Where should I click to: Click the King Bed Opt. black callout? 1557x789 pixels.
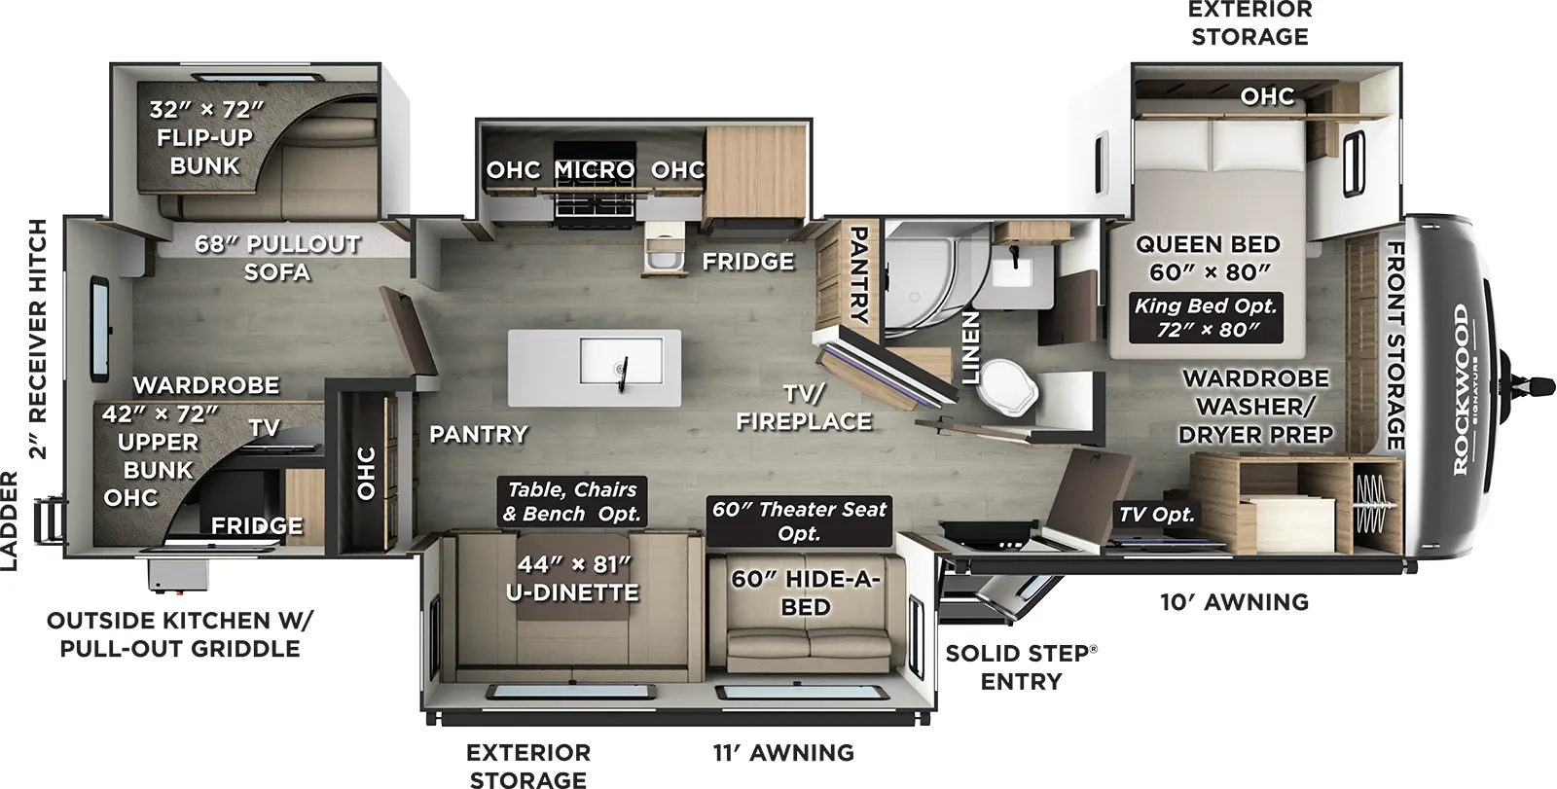[x=1206, y=317]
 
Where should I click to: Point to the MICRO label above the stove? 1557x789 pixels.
[x=594, y=169]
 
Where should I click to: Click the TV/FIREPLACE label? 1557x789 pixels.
[x=803, y=408]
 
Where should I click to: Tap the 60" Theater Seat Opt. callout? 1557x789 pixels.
[x=799, y=520]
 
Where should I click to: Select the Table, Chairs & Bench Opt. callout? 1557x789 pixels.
[x=572, y=501]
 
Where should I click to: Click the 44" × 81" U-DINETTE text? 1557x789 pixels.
[x=572, y=578]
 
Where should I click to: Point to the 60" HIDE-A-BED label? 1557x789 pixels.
[x=806, y=592]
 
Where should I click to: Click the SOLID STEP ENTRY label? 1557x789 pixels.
[x=1021, y=666]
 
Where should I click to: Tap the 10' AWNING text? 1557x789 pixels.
[x=1233, y=602]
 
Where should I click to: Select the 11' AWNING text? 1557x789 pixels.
[x=783, y=752]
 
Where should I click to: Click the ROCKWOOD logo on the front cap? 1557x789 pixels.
[x=1461, y=389]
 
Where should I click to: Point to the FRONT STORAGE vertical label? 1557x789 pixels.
[x=1395, y=345]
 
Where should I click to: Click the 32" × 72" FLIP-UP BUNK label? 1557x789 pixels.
[x=205, y=137]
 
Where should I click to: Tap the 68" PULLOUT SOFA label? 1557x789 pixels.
[x=277, y=258]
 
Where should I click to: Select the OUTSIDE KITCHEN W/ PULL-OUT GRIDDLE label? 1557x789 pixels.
[x=180, y=634]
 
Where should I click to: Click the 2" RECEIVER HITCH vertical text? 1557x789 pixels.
[x=38, y=338]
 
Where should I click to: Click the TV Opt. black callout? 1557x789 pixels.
[x=1156, y=515]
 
